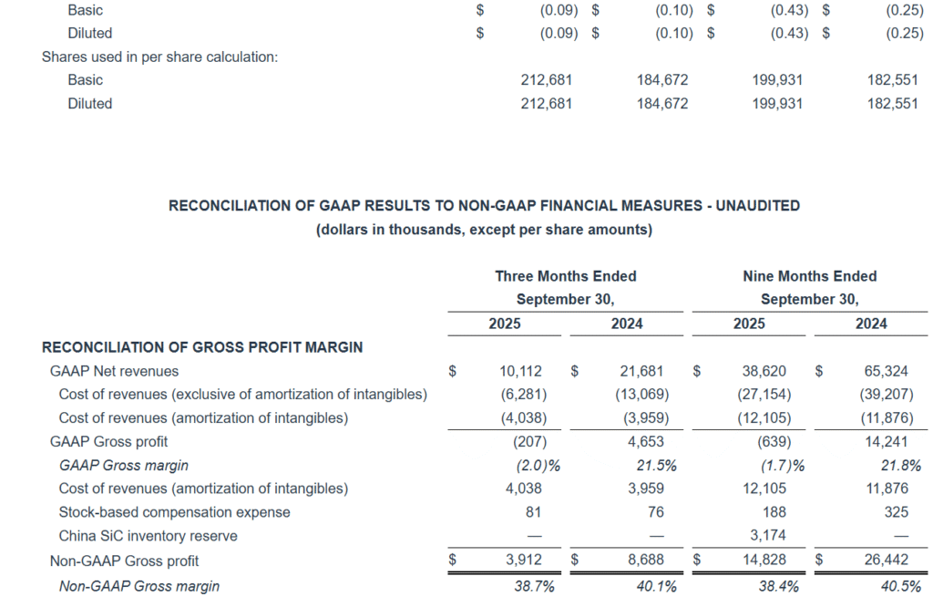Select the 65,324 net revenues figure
click(892, 371)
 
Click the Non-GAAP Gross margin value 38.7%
click(535, 586)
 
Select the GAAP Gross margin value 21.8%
click(900, 466)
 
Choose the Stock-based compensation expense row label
click(174, 512)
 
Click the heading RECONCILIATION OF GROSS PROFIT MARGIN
click(202, 347)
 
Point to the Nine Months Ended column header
click(810, 276)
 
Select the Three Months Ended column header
click(566, 276)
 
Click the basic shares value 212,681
click(547, 80)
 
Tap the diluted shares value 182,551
click(892, 104)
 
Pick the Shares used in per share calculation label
click(159, 57)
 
